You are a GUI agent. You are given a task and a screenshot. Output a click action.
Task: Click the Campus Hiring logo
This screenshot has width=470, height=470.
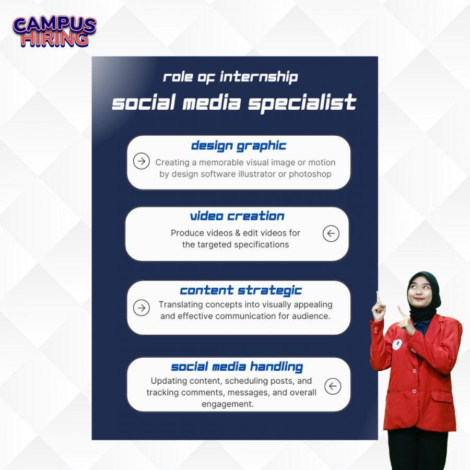click(54, 32)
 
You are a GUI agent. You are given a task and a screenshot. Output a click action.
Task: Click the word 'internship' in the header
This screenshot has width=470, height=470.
click(259, 77)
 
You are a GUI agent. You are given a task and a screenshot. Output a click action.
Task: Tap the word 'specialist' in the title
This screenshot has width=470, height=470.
click(302, 103)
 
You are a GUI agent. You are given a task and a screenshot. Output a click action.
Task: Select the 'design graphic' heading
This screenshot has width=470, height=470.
click(239, 146)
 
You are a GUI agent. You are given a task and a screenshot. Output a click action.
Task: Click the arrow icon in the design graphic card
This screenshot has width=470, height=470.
click(142, 161)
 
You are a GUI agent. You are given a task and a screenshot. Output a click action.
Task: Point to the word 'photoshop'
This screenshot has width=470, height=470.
click(310, 174)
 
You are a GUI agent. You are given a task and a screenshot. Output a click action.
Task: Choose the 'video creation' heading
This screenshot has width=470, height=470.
click(237, 216)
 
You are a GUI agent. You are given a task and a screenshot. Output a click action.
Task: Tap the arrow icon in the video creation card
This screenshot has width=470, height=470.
click(331, 233)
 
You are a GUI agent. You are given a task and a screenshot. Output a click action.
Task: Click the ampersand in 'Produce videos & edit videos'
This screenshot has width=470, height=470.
click(238, 233)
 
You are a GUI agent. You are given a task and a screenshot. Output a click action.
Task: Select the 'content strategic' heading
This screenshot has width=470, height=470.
click(241, 290)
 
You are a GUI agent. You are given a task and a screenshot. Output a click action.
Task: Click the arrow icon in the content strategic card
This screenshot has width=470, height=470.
click(142, 308)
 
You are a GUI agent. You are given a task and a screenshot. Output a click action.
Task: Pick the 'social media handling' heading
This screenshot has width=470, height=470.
click(237, 367)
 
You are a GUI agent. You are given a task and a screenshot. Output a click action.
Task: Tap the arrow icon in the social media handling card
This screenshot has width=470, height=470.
click(333, 386)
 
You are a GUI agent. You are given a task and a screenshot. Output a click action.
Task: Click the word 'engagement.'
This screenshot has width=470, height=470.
click(228, 404)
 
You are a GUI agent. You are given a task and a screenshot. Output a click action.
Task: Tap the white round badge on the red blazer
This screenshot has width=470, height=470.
click(397, 344)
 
